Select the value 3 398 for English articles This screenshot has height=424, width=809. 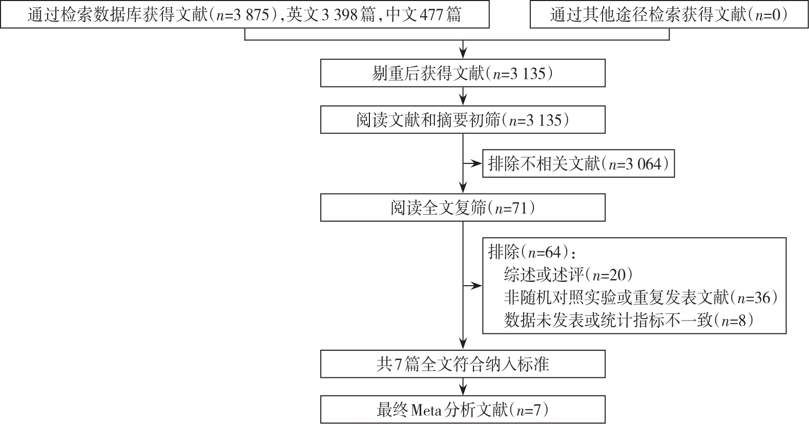coord(340,15)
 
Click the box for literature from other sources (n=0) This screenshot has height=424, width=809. coord(669,14)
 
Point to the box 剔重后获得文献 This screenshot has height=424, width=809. coord(463,73)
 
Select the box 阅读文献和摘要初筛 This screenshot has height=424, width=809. coord(463,120)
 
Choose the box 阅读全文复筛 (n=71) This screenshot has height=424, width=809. coord(463,207)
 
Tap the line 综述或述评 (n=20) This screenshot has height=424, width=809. coord(569,275)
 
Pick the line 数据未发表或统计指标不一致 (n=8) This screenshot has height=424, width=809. coord(629,320)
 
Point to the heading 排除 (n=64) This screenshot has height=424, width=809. coord(531,252)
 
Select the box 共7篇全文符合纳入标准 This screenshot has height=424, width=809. coord(463,364)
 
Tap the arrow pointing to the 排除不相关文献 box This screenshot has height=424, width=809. coord(473,164)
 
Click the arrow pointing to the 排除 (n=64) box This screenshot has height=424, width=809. coord(473,286)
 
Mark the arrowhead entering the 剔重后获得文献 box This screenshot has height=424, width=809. coord(463,54)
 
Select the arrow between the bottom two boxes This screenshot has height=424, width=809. coord(463,387)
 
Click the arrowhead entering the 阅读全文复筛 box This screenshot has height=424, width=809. coord(463,189)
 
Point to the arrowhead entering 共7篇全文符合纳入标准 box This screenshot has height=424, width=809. coord(463,345)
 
